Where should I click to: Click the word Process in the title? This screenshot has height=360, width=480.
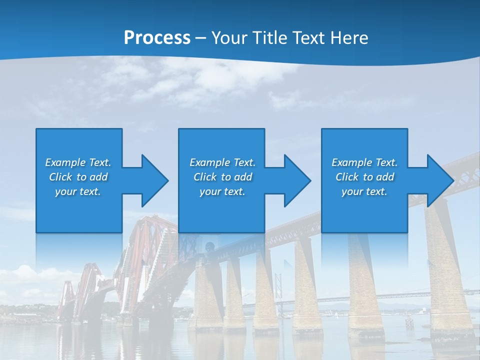pyautogui.click(x=157, y=38)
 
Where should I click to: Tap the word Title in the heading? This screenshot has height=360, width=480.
pyautogui.click(x=270, y=38)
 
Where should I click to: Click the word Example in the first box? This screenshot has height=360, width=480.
pyautogui.click(x=65, y=162)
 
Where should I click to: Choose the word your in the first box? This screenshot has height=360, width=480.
pyautogui.click(x=65, y=191)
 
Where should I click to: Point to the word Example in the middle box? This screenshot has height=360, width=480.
pyautogui.click(x=210, y=162)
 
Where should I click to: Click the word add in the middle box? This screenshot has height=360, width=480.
pyautogui.click(x=243, y=177)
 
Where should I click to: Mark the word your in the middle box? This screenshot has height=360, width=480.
pyautogui.click(x=209, y=191)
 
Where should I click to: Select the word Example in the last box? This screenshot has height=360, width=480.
pyautogui.click(x=352, y=162)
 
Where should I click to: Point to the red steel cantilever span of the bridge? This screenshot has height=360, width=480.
pyautogui.click(x=145, y=250)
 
